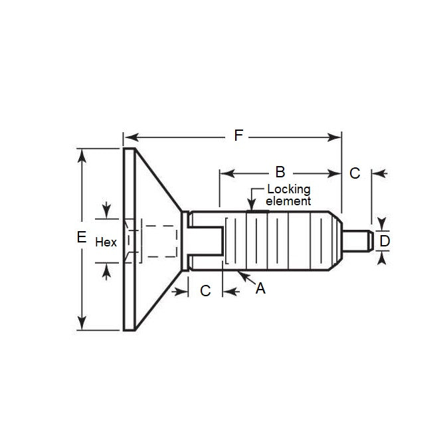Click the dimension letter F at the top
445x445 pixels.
coord(238,136)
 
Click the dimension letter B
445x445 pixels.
coord(280,173)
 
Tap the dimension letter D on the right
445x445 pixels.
coord(383,240)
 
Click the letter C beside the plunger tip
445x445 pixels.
coord(355,173)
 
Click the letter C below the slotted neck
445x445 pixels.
coord(205,290)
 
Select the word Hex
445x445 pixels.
coord(106,242)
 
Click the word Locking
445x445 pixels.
coord(288,190)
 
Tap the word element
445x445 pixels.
coord(288,201)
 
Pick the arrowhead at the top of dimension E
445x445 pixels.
coord(82,153)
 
